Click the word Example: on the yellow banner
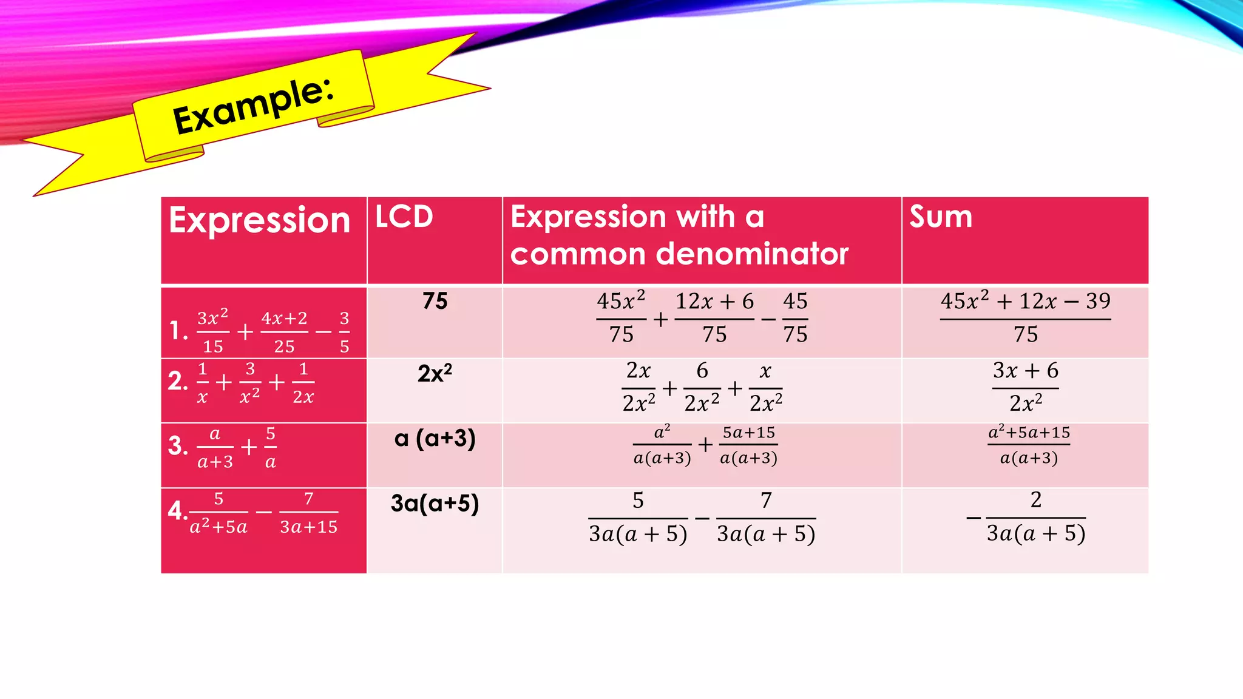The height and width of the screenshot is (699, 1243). pos(253,106)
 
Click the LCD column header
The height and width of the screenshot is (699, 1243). pos(404,217)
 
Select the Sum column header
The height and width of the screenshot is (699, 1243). pos(940,217)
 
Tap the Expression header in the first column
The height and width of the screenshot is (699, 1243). pos(259,220)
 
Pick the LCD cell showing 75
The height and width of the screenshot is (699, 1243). pos(435,301)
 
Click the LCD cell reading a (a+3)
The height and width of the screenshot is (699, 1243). pos(435,438)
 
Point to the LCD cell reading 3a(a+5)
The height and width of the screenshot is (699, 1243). pos(435,503)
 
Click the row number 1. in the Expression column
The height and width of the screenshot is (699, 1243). pos(178,331)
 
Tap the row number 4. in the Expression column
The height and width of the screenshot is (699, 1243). pos(177,510)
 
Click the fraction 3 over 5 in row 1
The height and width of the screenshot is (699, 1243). pos(344,332)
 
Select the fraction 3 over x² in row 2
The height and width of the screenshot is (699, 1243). pos(249,383)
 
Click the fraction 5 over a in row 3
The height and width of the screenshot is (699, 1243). pos(271,448)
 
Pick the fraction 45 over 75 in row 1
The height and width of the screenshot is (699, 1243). pos(795,318)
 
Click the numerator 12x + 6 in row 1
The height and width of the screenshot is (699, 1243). pos(714,302)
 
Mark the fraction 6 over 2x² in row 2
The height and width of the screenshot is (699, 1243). pos(702,387)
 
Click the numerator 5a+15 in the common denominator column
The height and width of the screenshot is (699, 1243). pos(748,433)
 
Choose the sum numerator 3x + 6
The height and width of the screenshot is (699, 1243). pos(1025,370)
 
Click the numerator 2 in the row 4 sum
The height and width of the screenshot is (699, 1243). pos(1035,499)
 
